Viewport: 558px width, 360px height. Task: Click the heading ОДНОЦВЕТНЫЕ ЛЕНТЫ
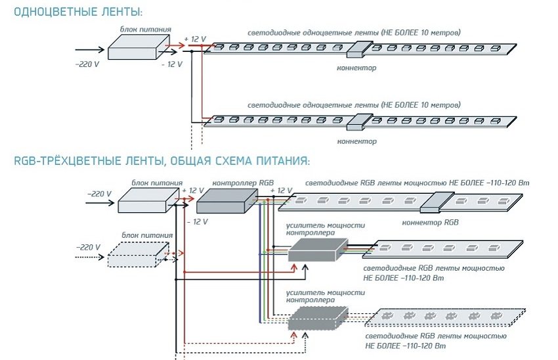pos(77,12)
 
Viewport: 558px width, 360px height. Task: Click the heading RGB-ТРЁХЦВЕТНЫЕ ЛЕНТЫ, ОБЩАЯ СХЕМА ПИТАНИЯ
pos(161,160)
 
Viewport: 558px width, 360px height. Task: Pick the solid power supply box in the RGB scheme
pos(147,198)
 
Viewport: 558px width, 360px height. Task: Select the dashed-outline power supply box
pos(135,254)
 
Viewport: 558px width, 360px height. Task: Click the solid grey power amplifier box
pos(316,250)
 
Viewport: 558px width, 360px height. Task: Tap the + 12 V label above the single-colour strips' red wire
pos(195,39)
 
